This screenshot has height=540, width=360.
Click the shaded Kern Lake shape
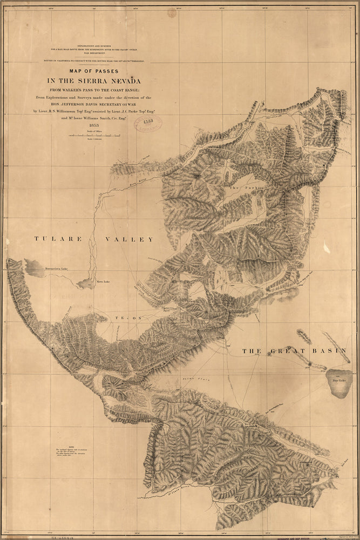click(86, 283)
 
